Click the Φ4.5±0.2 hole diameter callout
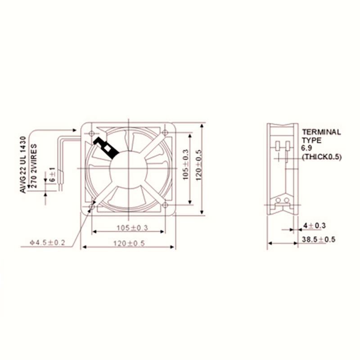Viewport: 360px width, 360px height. coord(48,243)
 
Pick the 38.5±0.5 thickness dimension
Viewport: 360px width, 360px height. coord(319,240)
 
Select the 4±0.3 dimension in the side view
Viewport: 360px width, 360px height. coord(314,225)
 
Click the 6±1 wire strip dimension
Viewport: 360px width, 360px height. coord(52,174)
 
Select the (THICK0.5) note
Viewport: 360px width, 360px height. coord(322,157)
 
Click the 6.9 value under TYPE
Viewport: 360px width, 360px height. coord(306,148)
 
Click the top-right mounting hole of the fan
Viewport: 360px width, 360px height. coord(165,132)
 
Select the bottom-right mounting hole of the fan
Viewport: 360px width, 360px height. coord(165,205)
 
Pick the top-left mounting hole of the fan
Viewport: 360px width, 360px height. coord(92,133)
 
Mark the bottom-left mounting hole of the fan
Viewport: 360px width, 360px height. coord(92,206)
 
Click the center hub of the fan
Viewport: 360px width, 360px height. coord(129,168)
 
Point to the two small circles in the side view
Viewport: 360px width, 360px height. coord(282,200)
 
